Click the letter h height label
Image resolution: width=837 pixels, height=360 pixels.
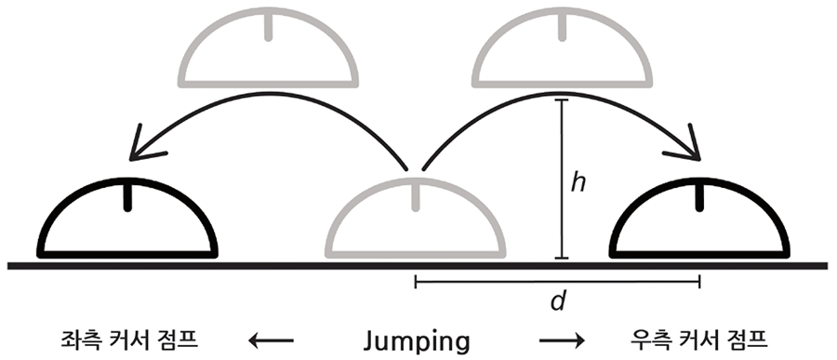point(578,182)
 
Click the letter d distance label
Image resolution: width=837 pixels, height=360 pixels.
point(557,302)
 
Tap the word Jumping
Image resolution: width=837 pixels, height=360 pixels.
point(418,340)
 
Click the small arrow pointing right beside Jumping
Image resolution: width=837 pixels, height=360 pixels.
point(561,340)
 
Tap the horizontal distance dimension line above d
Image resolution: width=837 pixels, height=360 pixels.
point(556,278)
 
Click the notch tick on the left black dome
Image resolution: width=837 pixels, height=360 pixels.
point(127,196)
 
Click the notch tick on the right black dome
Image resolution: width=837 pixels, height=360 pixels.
point(698,196)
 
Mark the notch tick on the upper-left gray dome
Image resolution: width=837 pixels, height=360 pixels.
point(269,25)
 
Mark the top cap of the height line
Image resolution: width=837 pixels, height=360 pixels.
point(560,100)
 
